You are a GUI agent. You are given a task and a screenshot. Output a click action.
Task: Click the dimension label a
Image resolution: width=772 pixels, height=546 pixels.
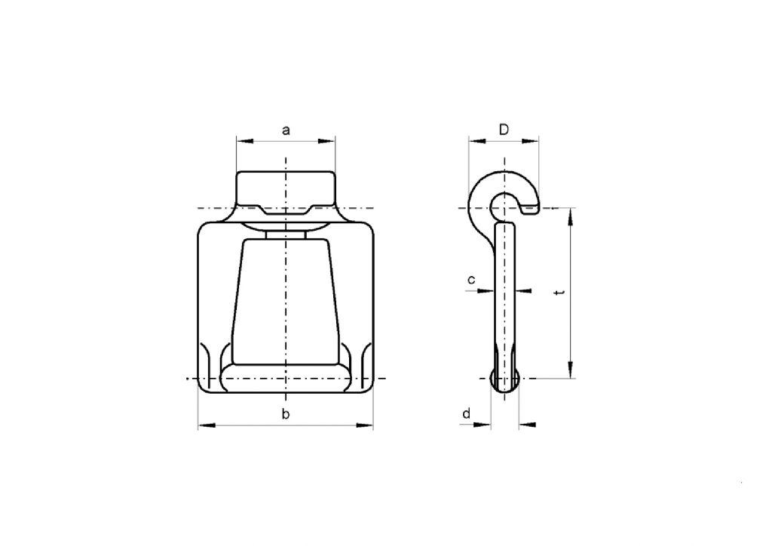(286, 130)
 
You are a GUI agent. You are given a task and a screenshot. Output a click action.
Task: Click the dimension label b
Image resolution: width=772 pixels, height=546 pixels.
(286, 414)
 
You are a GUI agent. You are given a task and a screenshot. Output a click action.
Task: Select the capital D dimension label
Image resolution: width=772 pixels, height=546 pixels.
(504, 130)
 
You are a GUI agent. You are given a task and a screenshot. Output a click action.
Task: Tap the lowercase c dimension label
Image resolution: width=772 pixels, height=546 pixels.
(471, 280)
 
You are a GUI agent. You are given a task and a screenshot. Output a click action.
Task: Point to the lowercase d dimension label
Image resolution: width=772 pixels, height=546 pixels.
(467, 413)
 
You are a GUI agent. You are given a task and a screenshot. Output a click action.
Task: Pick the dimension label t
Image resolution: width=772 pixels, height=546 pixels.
(557, 292)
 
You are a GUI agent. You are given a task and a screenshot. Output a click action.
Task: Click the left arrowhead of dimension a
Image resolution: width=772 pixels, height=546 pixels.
(241, 140)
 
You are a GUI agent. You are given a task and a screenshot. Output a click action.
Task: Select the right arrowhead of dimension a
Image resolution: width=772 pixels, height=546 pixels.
(329, 140)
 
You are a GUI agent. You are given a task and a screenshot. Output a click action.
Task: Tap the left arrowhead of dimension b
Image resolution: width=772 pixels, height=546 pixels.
(204, 427)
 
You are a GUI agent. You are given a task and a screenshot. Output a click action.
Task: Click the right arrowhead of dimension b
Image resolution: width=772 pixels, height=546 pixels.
(367, 427)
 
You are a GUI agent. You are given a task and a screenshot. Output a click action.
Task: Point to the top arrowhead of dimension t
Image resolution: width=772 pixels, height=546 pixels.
(571, 215)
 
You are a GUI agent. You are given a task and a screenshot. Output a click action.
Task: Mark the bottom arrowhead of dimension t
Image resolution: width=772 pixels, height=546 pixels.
(571, 371)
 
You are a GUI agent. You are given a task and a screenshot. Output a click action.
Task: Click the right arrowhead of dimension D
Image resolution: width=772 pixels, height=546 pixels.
(534, 140)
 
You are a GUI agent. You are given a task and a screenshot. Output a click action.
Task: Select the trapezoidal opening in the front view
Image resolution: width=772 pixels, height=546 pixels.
(286, 302)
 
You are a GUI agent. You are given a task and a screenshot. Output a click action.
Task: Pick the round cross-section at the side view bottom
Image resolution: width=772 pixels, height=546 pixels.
(505, 379)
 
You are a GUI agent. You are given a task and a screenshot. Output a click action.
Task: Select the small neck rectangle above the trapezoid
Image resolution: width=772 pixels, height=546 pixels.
(286, 235)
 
